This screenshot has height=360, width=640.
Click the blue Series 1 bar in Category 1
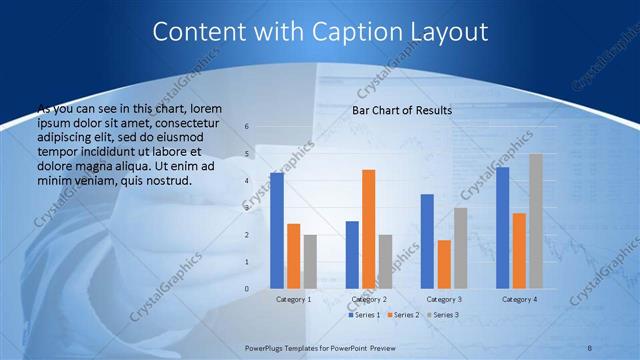coord(277,231)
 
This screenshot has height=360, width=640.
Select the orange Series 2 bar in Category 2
coord(369,229)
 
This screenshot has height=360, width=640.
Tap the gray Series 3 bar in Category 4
coord(535,221)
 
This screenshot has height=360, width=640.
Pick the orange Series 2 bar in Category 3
coord(444,264)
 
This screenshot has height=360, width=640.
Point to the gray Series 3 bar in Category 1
coord(310,262)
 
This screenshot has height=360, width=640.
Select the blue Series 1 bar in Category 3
coord(427,241)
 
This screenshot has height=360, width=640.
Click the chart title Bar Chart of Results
coord(402,110)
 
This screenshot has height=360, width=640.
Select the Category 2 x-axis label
coord(369,299)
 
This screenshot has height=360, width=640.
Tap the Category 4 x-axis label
coord(519,299)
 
